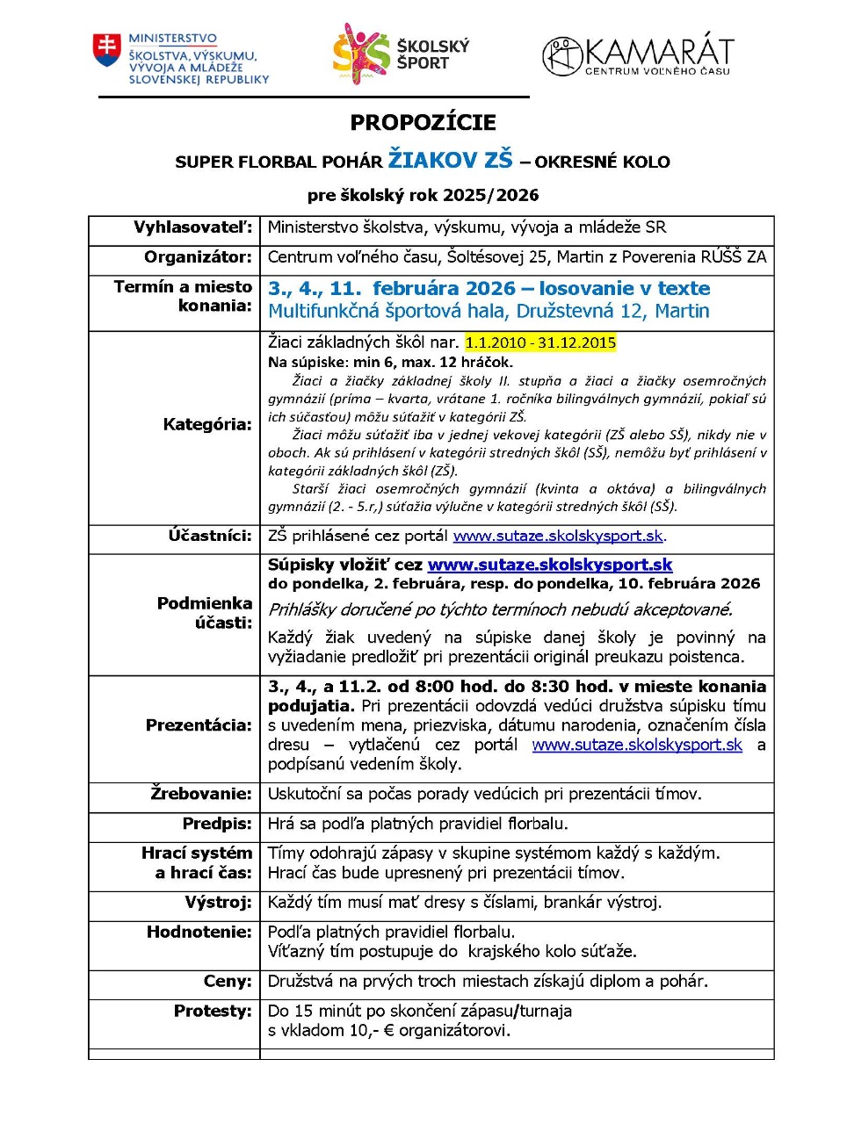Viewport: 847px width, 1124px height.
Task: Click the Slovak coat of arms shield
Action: pos(107,51)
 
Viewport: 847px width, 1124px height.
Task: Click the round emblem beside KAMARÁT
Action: pos(562,56)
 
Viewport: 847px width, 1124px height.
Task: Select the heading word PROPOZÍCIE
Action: pos(423,123)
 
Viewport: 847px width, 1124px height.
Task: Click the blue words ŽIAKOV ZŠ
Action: pos(450,160)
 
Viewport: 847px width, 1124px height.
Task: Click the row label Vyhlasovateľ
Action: pos(192,227)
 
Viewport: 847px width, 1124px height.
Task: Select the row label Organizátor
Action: pos(198,257)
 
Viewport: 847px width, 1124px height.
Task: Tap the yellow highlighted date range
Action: pos(540,342)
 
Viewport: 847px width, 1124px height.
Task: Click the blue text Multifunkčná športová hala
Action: pos(389,311)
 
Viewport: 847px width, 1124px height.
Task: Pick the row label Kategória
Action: pos(207,424)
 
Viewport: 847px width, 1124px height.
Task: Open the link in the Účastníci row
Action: pos(558,536)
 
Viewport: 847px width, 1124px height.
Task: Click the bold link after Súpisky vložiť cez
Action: pos(550,565)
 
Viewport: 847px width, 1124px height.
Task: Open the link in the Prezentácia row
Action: pos(637,745)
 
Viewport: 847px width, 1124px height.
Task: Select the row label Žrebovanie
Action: pos(201,794)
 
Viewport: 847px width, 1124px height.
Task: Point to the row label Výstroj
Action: pos(218,902)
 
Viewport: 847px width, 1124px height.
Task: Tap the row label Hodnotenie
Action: pos(199,932)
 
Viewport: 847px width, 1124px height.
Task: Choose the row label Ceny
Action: pos(228,981)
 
